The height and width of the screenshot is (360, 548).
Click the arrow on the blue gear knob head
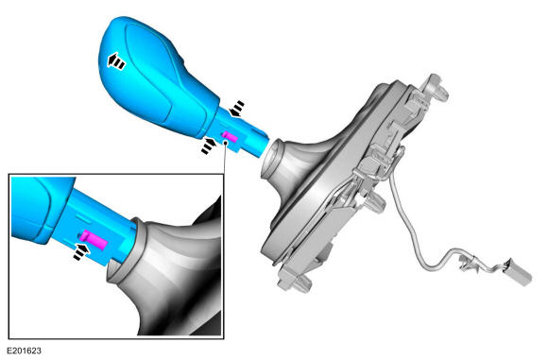(x=115, y=61)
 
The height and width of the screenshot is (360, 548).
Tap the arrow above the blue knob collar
(x=236, y=108)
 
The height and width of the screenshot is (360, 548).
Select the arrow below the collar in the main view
(x=209, y=146)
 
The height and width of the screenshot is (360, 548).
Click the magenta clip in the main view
(x=230, y=137)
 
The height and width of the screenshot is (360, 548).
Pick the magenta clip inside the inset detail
(x=93, y=240)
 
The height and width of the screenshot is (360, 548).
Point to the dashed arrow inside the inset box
(x=81, y=251)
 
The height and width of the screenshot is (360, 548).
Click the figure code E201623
(x=24, y=351)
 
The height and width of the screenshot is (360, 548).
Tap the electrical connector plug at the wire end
(x=518, y=272)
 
